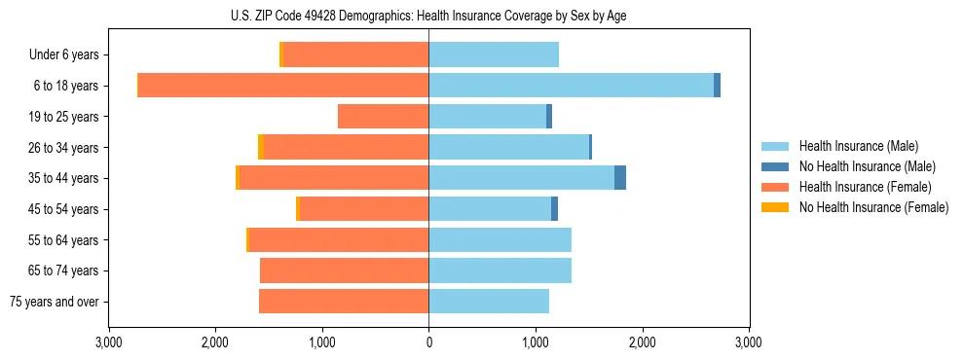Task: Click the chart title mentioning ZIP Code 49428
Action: (x=428, y=15)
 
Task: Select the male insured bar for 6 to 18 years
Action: (x=571, y=86)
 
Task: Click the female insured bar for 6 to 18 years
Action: (x=283, y=86)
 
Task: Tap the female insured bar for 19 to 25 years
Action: (x=383, y=117)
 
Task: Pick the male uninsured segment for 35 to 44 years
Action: (x=620, y=178)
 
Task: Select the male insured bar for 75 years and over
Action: (x=489, y=302)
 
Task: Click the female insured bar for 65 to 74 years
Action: (x=344, y=270)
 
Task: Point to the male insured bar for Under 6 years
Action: (x=494, y=54)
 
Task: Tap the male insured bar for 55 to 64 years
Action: (x=500, y=240)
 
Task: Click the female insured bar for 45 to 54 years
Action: (x=363, y=209)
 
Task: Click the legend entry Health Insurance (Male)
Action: (x=858, y=146)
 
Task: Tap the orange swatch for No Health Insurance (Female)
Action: (x=775, y=207)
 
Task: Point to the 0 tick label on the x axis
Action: (x=428, y=342)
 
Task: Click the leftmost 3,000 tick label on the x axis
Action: (x=108, y=342)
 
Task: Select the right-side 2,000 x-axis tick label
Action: (x=642, y=342)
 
